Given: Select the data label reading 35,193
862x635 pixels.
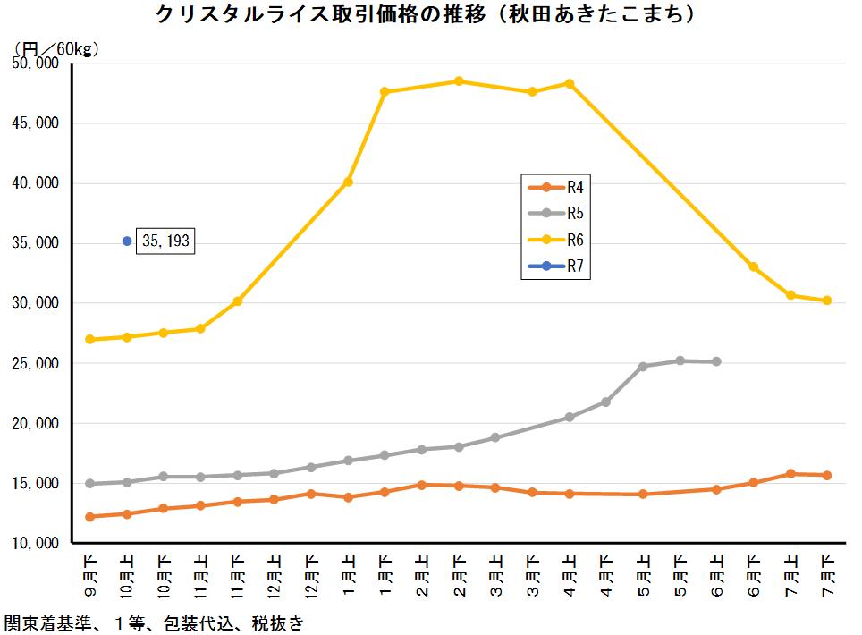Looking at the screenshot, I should [165, 241].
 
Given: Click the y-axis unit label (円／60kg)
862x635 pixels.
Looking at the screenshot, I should [55, 48].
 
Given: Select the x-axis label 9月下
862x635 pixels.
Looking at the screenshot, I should [89, 578].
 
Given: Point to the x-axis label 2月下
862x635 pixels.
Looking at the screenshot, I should [459, 578].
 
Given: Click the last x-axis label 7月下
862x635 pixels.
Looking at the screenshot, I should [827, 578].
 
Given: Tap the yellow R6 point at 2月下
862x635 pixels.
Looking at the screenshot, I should [459, 81].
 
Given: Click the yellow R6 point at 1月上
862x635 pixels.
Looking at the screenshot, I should [348, 182].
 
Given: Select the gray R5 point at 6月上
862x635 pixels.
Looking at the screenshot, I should [716, 361].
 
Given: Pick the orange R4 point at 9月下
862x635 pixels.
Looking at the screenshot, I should [89, 517].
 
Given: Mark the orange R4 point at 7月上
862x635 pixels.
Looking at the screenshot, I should [790, 474].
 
